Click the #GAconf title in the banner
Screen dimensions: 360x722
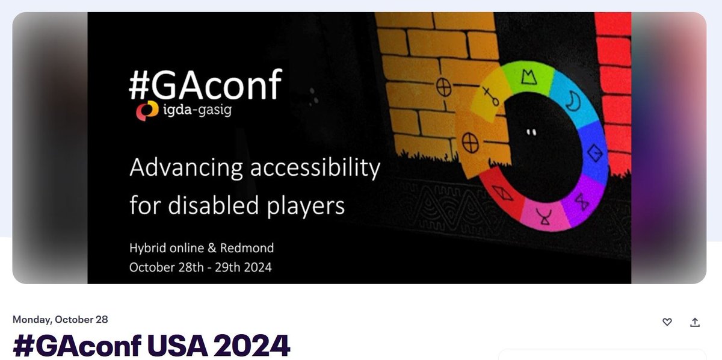(205, 85)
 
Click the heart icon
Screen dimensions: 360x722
(667, 322)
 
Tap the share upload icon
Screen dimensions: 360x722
(695, 322)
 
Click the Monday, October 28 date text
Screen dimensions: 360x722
(60, 320)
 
